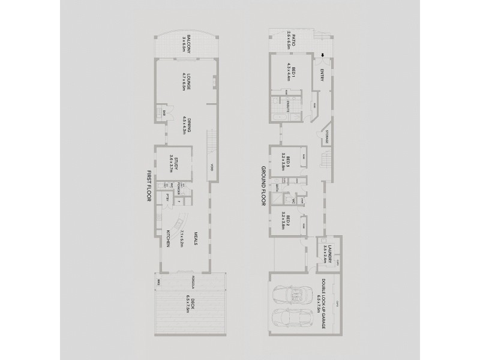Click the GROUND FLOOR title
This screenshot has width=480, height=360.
click(x=263, y=185)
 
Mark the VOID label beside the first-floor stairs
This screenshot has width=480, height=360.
click(x=212, y=169)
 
